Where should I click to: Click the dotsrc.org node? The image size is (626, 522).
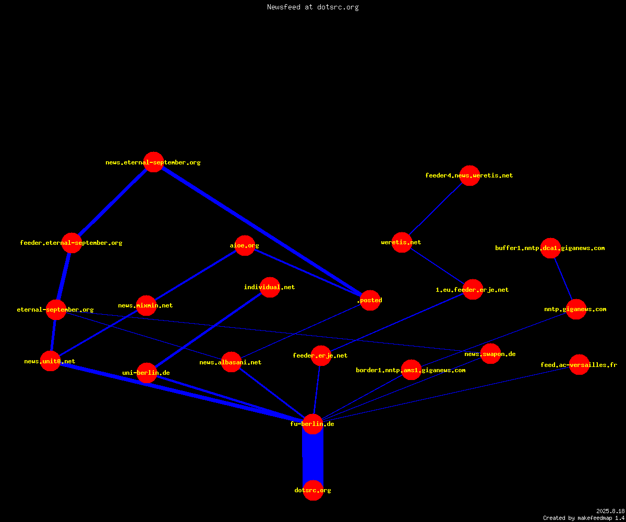313,490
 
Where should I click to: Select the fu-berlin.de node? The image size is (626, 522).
312,424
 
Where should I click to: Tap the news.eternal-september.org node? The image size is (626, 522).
153,162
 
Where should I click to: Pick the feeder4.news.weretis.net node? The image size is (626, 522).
469,175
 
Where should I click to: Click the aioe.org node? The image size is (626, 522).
245,245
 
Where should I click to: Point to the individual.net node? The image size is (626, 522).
270,287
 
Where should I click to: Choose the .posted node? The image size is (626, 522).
370,300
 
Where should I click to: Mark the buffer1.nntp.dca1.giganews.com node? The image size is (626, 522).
550,248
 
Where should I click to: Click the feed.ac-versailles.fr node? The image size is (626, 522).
579,364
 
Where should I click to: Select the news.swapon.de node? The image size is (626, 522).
490,354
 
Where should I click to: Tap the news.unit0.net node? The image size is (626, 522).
51,361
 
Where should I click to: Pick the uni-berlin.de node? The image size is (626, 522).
147,373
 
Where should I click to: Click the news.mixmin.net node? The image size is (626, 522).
146,305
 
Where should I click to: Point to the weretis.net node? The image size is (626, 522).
402,242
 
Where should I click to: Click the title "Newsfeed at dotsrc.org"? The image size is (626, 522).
312,7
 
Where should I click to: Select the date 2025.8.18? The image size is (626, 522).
610,511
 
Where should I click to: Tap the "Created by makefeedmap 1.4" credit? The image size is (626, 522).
584,518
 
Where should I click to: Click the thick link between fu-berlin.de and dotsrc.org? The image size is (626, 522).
313,457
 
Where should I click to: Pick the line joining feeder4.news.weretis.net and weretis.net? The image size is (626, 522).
436,209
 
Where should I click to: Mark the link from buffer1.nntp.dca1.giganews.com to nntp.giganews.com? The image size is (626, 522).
563,279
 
